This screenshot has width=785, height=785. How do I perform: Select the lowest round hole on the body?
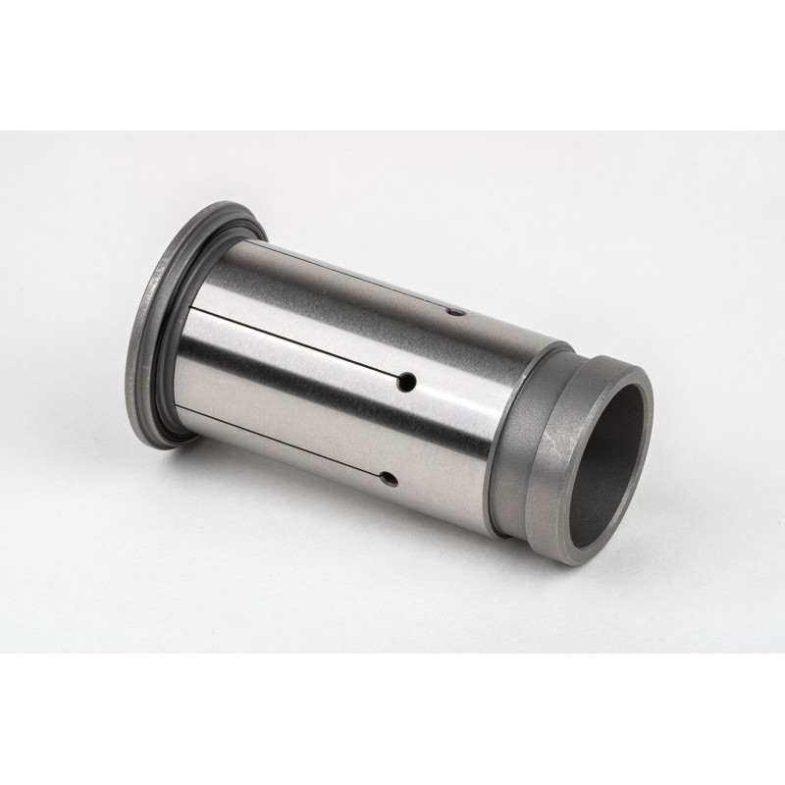(x=389, y=480)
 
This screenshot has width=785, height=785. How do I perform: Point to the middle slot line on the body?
(x=294, y=344)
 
